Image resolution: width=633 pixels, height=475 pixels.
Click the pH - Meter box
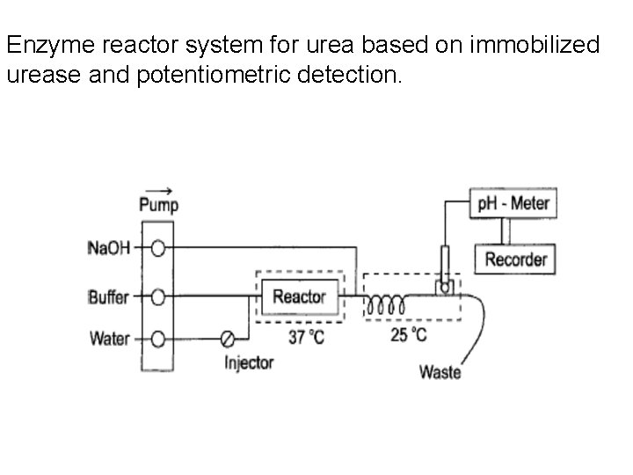pyautogui.click(x=513, y=204)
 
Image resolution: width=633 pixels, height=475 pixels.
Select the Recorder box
pyautogui.click(x=515, y=259)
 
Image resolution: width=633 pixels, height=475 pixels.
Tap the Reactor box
pyautogui.click(x=299, y=296)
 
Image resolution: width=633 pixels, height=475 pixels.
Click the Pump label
pyautogui.click(x=159, y=205)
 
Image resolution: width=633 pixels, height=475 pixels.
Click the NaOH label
pyautogui.click(x=109, y=248)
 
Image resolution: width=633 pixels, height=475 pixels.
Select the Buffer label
pyautogui.click(x=108, y=297)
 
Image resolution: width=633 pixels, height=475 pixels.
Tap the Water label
pyautogui.click(x=110, y=339)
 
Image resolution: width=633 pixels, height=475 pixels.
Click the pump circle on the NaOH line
pyautogui.click(x=158, y=248)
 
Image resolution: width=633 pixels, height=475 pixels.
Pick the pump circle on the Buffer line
pyautogui.click(x=158, y=297)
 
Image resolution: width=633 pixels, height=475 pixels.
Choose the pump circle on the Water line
pyautogui.click(x=158, y=339)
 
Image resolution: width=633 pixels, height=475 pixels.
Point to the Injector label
pyautogui.click(x=249, y=362)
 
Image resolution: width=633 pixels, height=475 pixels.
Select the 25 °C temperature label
pyautogui.click(x=409, y=334)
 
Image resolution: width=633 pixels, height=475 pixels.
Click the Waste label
pyautogui.click(x=440, y=372)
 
